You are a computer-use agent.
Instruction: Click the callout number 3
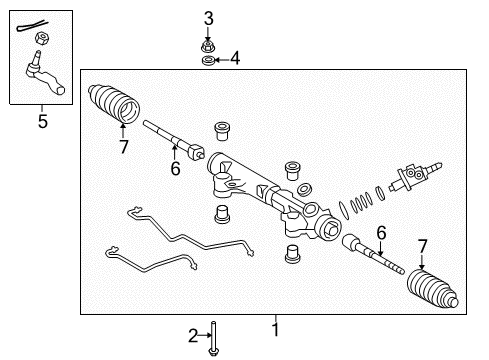point(209,19)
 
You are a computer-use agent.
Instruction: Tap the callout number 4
point(235,58)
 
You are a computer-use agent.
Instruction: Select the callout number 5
point(43,121)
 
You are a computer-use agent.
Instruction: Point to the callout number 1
point(275,329)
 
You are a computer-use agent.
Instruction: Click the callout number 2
point(193,336)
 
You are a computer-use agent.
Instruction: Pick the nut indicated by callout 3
point(208,47)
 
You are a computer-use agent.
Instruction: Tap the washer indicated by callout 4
point(208,61)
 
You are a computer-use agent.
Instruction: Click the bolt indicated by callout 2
point(213,338)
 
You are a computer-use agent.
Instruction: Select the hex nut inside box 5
point(42,38)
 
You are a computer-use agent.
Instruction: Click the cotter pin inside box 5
point(32,26)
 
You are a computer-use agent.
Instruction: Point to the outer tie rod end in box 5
point(45,74)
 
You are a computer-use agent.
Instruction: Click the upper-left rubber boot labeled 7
point(114,103)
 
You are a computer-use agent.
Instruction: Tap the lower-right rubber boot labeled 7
point(432,288)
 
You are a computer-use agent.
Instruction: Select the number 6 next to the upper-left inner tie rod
point(175,168)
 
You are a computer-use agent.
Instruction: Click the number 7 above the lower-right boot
point(422,246)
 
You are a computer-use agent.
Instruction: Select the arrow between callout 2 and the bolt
point(205,335)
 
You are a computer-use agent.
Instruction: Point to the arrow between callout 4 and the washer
point(223,60)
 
